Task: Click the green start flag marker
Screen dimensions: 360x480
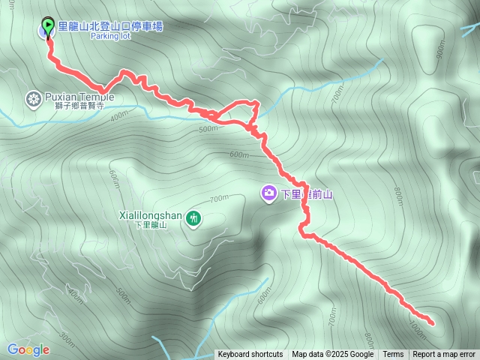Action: click(x=49, y=26)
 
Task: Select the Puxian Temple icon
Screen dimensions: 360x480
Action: click(x=33, y=97)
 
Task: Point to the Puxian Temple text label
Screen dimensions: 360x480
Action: click(x=79, y=97)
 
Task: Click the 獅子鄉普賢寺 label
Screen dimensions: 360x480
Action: click(x=78, y=106)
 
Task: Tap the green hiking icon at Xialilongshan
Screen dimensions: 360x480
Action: click(x=194, y=218)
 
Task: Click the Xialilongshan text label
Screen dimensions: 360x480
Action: click(x=150, y=215)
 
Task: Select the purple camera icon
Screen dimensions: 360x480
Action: click(x=268, y=193)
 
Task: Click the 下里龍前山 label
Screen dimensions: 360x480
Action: click(x=306, y=194)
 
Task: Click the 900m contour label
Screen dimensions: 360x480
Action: click(x=441, y=52)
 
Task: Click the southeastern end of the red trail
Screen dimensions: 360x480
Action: click(x=432, y=322)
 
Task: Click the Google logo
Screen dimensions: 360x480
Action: click(x=28, y=349)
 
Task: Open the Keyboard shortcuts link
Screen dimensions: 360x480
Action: click(x=250, y=355)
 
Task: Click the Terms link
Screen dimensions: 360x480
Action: click(x=393, y=355)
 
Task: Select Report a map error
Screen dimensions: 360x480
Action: click(x=444, y=355)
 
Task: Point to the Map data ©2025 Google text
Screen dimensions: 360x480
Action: click(x=332, y=355)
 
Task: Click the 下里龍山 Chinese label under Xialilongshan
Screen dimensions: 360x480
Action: click(x=152, y=225)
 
